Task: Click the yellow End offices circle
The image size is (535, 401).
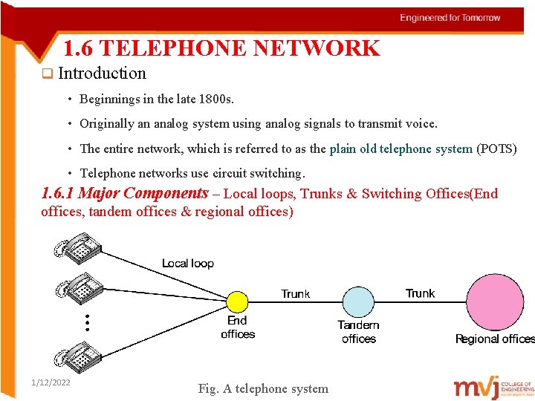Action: pyautogui.click(x=236, y=301)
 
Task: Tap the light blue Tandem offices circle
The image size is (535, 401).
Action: pyautogui.click(x=358, y=302)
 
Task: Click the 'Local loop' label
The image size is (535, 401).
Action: pyautogui.click(x=187, y=264)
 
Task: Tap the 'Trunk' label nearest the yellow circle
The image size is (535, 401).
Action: pyautogui.click(x=295, y=294)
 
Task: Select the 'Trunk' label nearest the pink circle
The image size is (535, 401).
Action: pyautogui.click(x=420, y=293)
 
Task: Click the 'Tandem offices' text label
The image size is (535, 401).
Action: pyautogui.click(x=358, y=332)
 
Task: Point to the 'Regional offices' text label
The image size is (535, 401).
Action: pyautogui.click(x=495, y=339)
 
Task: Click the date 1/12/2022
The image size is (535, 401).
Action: pyautogui.click(x=51, y=382)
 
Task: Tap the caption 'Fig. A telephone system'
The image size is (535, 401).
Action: pyautogui.click(x=263, y=388)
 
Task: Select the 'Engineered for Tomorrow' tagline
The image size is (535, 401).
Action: pyautogui.click(x=450, y=18)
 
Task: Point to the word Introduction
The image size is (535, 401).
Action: pyautogui.click(x=102, y=74)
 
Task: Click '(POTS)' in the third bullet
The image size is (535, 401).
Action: pyautogui.click(x=496, y=149)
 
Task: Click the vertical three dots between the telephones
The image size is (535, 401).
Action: pyautogui.click(x=86, y=322)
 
